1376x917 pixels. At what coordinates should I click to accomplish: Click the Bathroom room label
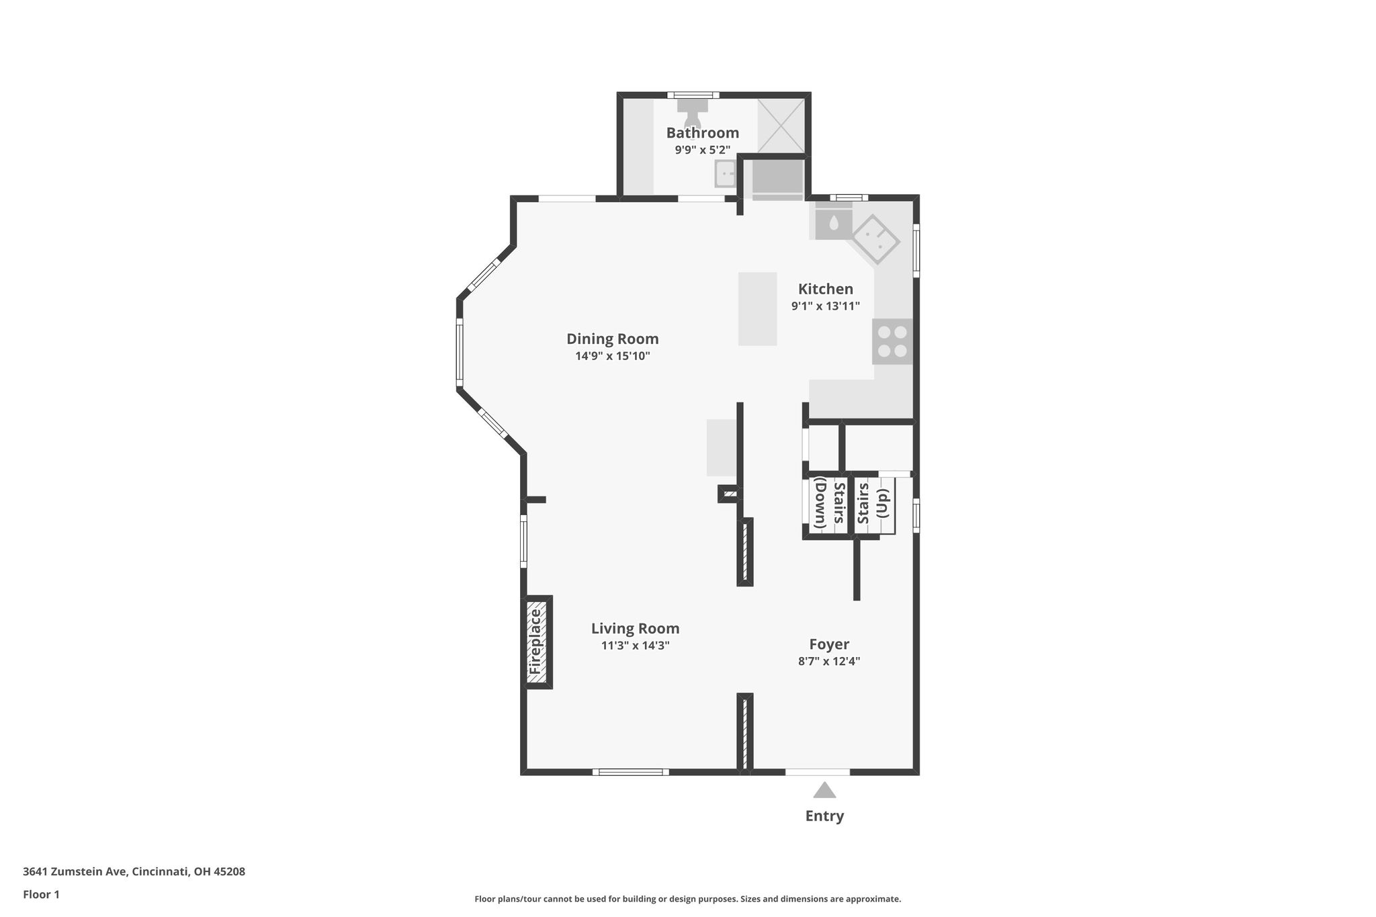click(702, 133)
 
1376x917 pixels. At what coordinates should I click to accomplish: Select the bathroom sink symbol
click(725, 174)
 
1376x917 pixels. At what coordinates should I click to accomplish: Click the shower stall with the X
click(781, 126)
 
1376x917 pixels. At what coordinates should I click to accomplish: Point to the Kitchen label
click(825, 289)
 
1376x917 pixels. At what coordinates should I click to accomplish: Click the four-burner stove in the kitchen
click(892, 341)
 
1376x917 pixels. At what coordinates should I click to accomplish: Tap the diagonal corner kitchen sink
click(876, 238)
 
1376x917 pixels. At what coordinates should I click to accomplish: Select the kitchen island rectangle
click(757, 308)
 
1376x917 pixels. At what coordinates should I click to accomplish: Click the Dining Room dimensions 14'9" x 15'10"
click(612, 356)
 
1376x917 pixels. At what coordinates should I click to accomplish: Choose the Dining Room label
click(612, 339)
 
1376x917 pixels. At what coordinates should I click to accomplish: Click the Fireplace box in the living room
click(537, 642)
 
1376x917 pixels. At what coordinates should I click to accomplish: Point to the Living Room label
click(635, 629)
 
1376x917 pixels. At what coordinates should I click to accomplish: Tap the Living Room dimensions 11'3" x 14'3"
click(635, 646)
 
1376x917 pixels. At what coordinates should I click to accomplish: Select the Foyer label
click(829, 644)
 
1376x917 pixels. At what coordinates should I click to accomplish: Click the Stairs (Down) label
click(829, 503)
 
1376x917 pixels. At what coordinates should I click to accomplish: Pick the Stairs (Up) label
click(873, 503)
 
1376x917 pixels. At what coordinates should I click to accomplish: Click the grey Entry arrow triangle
click(824, 790)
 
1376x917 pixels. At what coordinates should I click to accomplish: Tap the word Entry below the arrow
click(824, 816)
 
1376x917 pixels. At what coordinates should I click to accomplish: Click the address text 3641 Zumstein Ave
click(75, 872)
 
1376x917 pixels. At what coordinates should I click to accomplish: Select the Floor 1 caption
click(41, 894)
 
